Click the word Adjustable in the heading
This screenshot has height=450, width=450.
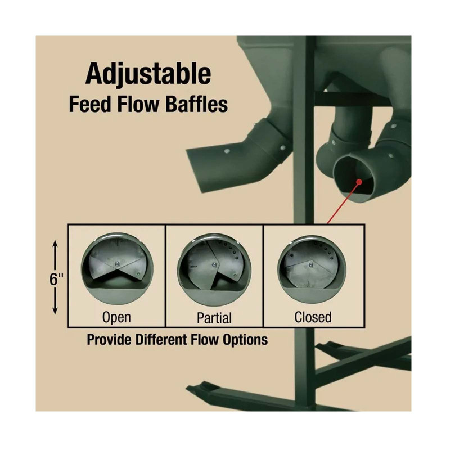click(x=148, y=74)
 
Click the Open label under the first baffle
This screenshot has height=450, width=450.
click(x=116, y=318)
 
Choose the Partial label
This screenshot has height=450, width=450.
click(x=214, y=318)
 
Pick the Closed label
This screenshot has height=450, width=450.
click(x=313, y=317)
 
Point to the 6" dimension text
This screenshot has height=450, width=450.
click(x=56, y=279)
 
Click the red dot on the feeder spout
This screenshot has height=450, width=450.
click(x=359, y=181)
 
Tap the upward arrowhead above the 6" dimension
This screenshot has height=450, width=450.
click(x=55, y=244)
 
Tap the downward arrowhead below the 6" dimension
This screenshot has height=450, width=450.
click(x=55, y=310)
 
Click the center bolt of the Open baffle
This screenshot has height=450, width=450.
click(x=117, y=263)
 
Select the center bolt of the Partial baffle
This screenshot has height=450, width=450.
click(x=214, y=264)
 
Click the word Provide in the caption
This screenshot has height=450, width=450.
click(x=110, y=340)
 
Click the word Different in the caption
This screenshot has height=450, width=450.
click(x=161, y=340)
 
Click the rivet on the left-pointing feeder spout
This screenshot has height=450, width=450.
click(x=227, y=151)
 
